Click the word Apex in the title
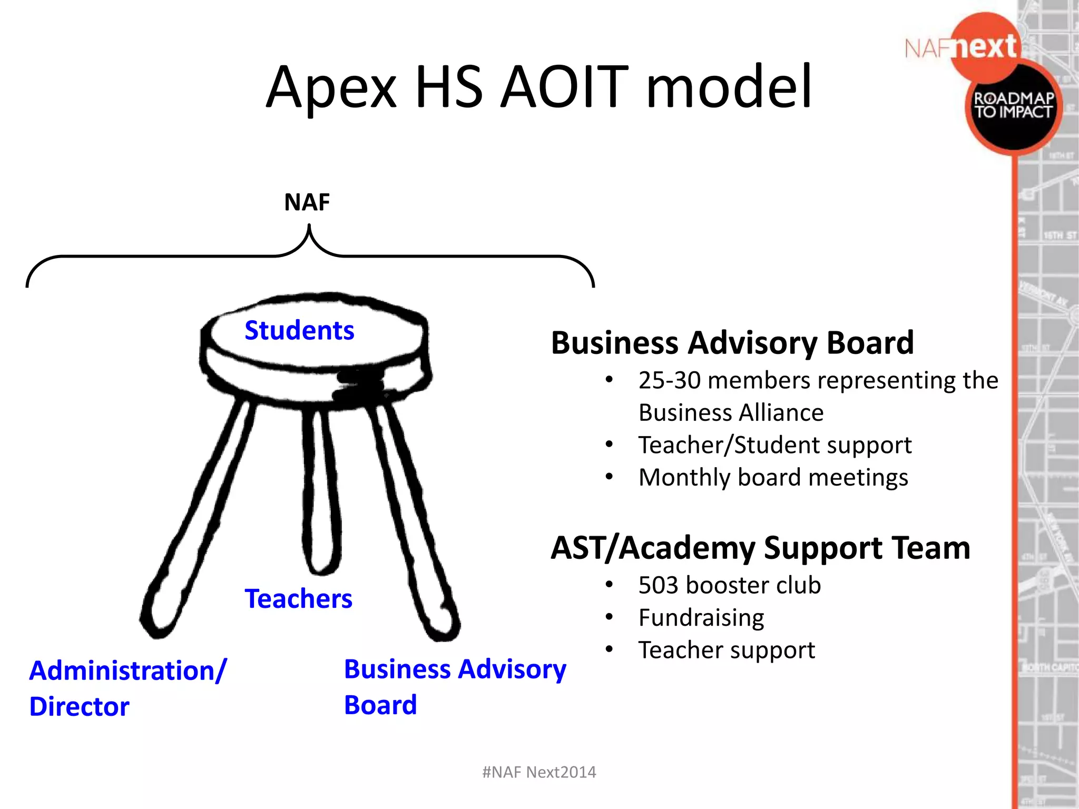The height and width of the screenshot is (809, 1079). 331,87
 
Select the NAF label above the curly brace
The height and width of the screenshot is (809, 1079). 307,202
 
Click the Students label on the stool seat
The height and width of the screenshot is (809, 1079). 299,331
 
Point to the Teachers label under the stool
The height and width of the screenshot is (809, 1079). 298,599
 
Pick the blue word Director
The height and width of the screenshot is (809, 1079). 79,706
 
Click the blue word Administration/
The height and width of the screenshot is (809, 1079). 127,670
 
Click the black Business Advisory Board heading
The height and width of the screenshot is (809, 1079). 732,343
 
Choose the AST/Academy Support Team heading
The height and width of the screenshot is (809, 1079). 760,548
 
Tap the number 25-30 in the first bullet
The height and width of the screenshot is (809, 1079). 669,380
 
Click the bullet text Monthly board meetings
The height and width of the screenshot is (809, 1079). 773,478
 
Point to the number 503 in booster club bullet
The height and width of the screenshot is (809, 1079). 658,585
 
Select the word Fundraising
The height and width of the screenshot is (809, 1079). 701,618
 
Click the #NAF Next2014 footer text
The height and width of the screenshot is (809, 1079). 539,772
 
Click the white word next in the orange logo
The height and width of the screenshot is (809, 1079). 985,47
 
